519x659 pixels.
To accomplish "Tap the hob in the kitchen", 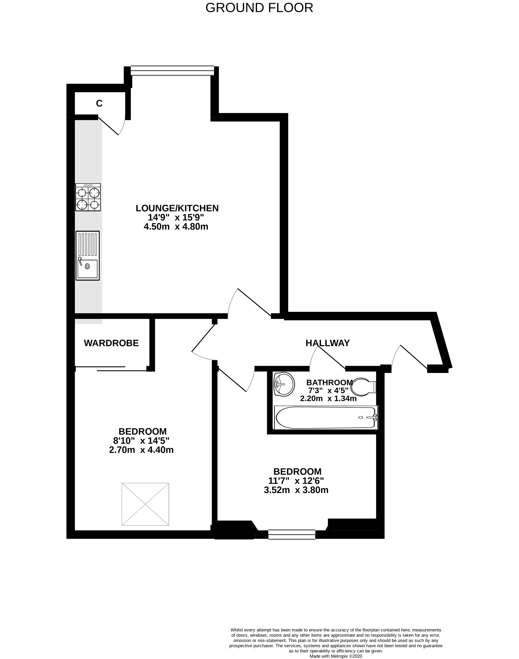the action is coord(88,197).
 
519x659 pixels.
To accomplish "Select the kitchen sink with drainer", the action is coord(88,255).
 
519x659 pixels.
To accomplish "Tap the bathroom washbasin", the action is coord(284,384).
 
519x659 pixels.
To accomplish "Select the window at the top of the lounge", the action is coord(172,71).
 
